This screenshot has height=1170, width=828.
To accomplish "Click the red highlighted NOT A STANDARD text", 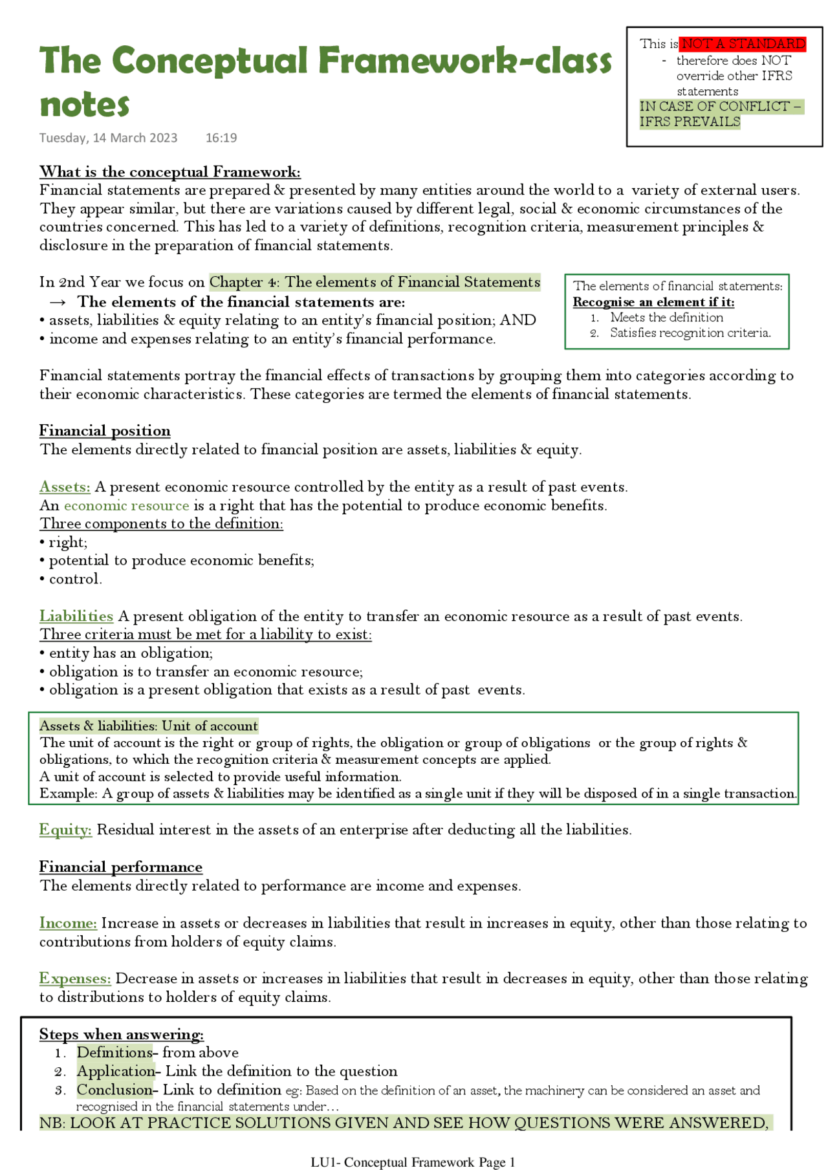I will (x=743, y=44).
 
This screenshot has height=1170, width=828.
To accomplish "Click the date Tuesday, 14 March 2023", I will (x=108, y=138).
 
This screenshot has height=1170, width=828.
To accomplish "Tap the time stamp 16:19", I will (x=221, y=138).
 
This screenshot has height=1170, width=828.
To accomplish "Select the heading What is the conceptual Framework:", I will (x=169, y=172).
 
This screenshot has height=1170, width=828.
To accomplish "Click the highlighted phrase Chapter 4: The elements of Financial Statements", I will (x=375, y=282).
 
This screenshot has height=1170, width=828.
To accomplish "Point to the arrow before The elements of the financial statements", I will (x=58, y=302).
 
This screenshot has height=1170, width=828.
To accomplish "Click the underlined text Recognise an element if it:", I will (x=653, y=302).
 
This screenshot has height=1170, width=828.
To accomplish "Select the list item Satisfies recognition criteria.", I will (x=690, y=333).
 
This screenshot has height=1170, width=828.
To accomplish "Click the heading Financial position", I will (x=105, y=431).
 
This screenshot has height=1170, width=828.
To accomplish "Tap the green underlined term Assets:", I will (x=65, y=487).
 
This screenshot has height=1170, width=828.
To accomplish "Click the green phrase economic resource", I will (x=126, y=506).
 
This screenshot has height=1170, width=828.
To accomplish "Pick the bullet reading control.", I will (x=74, y=579).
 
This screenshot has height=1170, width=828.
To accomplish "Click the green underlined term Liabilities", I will (x=76, y=616).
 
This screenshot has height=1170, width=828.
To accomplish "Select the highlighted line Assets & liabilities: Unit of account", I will (x=149, y=726).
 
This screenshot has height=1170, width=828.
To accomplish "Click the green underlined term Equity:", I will (x=65, y=830).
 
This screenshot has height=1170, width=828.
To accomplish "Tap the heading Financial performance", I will (x=121, y=867).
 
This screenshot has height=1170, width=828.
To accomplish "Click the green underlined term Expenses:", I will (x=75, y=979).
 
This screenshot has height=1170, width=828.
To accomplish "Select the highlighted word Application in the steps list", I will (x=116, y=1071).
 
